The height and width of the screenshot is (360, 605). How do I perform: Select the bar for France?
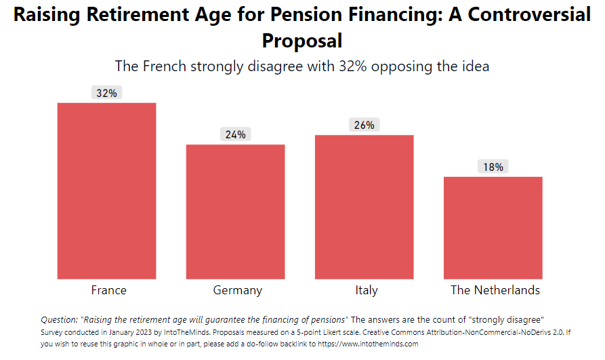pos(106,191)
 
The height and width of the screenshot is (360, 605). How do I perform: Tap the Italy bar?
pos(364,207)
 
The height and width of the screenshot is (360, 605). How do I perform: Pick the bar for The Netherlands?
pos(493,228)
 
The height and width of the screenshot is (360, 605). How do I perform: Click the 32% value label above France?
pos(106,93)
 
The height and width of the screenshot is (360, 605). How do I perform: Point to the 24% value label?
pos(235,134)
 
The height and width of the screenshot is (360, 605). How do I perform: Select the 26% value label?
pos(364,125)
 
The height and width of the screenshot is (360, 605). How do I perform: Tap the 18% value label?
pos(493,167)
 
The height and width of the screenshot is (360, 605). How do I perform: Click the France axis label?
pos(108,290)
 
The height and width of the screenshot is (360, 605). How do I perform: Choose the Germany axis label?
pos(237,290)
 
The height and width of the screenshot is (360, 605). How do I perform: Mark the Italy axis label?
pos(366,290)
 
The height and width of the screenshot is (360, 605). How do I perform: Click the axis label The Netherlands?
pos(495,290)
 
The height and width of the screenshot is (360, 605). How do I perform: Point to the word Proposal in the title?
pos(302,41)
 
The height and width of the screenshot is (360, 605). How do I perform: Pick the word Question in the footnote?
pos(59,319)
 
